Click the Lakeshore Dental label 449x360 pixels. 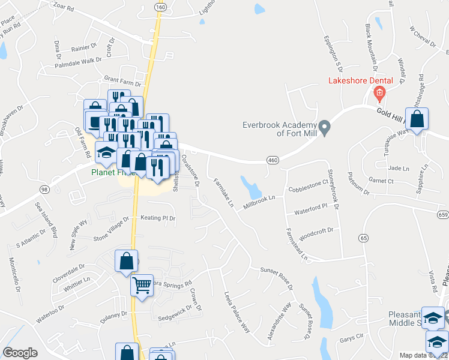[360, 80]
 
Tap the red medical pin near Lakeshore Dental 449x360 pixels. [379, 93]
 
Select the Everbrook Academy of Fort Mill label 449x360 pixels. [279, 129]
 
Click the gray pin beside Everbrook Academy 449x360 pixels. [325, 127]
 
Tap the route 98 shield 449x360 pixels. [44, 189]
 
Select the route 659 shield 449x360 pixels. [443, 214]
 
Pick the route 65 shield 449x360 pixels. [363, 238]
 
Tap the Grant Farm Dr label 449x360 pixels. [122, 78]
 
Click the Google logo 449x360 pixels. [20, 353]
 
